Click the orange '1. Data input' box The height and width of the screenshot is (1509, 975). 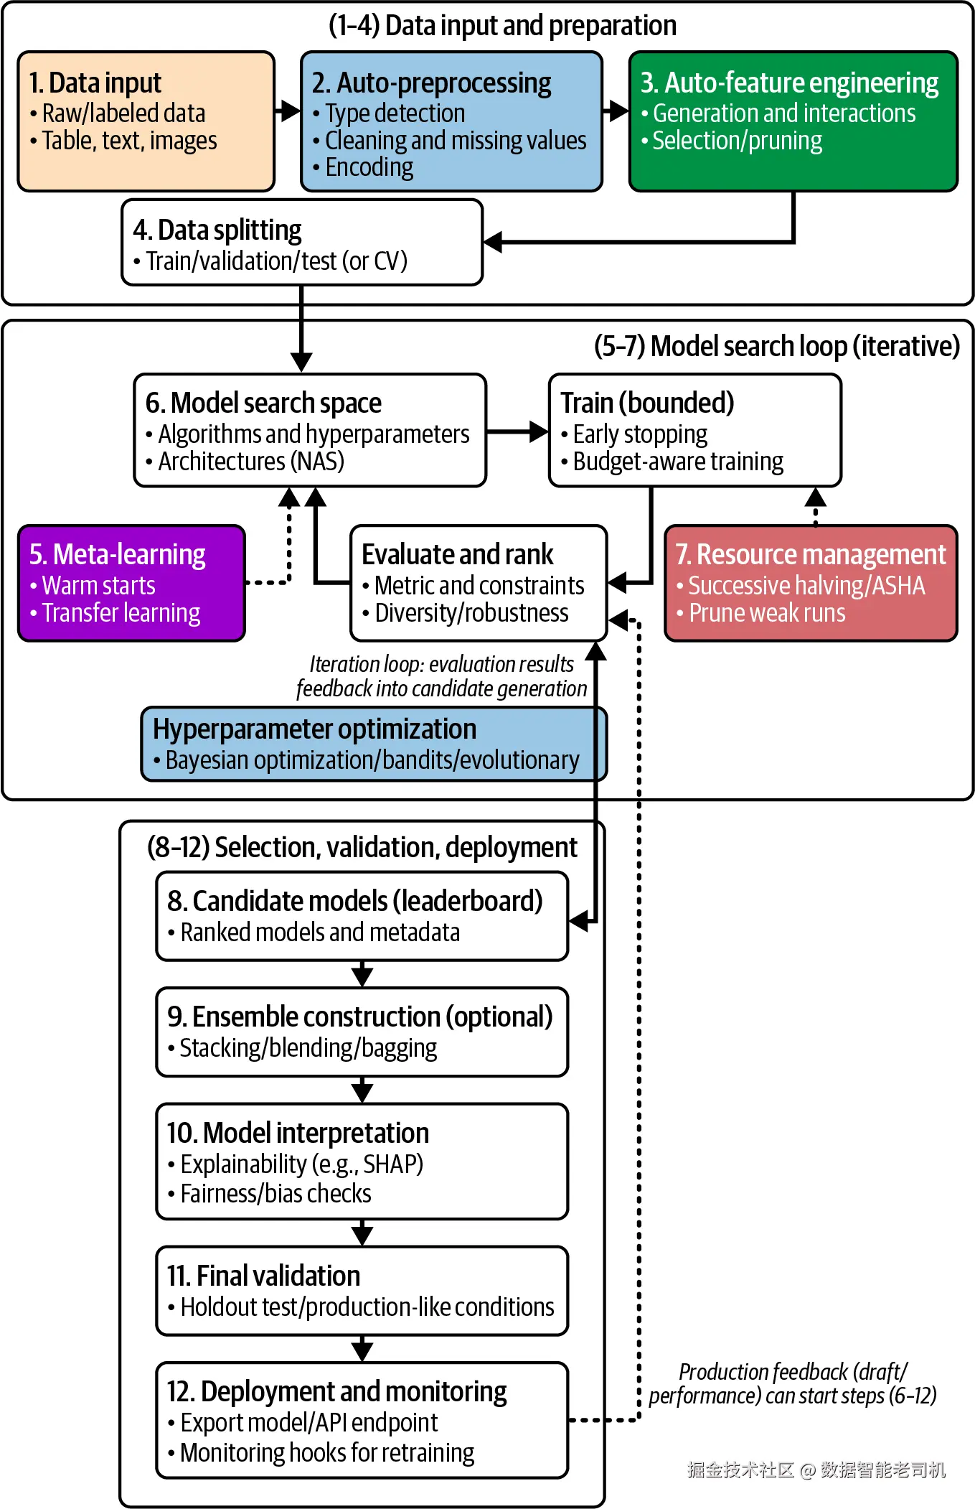click(146, 121)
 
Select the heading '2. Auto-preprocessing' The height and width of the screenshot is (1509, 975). click(431, 83)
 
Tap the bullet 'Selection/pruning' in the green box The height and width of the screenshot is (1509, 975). click(737, 141)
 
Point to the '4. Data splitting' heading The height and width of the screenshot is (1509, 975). click(217, 230)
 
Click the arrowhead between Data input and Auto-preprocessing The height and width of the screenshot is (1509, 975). click(288, 111)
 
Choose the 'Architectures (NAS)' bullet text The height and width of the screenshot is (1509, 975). click(251, 461)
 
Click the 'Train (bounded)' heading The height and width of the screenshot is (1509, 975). click(647, 403)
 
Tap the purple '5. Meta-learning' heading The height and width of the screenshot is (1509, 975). click(118, 554)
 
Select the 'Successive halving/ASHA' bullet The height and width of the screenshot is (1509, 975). click(806, 586)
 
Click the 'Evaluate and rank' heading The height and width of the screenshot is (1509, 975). click(458, 554)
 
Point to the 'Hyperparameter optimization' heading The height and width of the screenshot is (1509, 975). click(315, 729)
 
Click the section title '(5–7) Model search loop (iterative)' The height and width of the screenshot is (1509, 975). click(776, 346)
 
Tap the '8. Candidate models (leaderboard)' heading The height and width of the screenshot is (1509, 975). click(355, 901)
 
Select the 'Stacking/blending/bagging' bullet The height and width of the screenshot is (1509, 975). click(308, 1048)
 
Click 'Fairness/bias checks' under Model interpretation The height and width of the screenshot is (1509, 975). click(276, 1193)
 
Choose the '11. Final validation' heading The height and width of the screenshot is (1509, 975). click(264, 1276)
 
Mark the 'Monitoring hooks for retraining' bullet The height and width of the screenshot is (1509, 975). click(327, 1452)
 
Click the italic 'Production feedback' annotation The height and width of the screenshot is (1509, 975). click(793, 1383)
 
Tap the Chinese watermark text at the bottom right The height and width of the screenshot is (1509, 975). click(816, 1470)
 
